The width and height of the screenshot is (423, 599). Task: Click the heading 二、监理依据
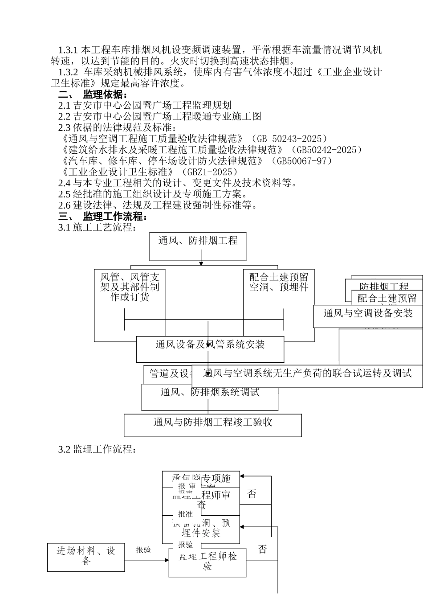(94, 94)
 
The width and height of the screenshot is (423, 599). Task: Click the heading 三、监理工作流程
(103, 217)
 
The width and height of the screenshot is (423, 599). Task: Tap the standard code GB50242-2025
(327, 150)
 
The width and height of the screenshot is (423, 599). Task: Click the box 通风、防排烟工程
(198, 246)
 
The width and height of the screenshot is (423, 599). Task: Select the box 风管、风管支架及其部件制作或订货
(130, 287)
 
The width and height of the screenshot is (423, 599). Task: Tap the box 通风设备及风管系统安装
(210, 349)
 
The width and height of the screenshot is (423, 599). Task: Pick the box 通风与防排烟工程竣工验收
(212, 425)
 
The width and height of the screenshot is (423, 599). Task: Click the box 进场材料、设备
(86, 557)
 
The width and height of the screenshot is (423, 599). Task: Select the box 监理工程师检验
(207, 562)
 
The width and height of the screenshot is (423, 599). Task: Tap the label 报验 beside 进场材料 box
(143, 550)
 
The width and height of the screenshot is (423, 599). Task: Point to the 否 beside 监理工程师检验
(262, 550)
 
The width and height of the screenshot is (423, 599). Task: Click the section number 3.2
(64, 449)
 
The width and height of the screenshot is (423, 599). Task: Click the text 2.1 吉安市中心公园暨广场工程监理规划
(145, 106)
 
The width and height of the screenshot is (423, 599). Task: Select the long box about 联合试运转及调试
(307, 374)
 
